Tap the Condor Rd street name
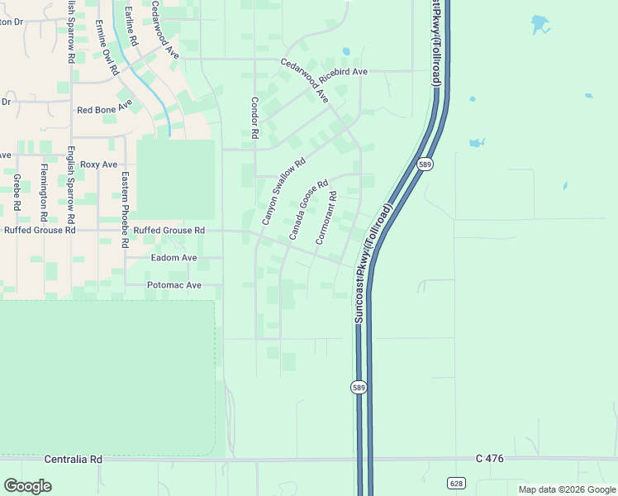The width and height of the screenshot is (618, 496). [254, 117]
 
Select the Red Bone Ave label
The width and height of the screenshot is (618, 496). [104, 108]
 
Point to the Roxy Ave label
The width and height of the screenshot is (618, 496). [99, 165]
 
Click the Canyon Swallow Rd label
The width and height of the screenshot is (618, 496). [283, 192]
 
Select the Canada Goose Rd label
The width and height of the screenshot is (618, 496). [308, 210]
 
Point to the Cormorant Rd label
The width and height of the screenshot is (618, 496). [326, 218]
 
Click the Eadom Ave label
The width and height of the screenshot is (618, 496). [174, 258]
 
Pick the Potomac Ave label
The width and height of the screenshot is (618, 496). [174, 285]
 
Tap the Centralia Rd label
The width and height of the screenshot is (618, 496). [73, 459]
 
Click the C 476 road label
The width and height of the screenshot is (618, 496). [490, 458]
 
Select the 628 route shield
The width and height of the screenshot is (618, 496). [455, 482]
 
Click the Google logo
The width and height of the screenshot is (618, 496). [27, 485]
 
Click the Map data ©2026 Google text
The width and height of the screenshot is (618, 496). [566, 489]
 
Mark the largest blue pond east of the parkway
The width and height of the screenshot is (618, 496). [540, 24]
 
